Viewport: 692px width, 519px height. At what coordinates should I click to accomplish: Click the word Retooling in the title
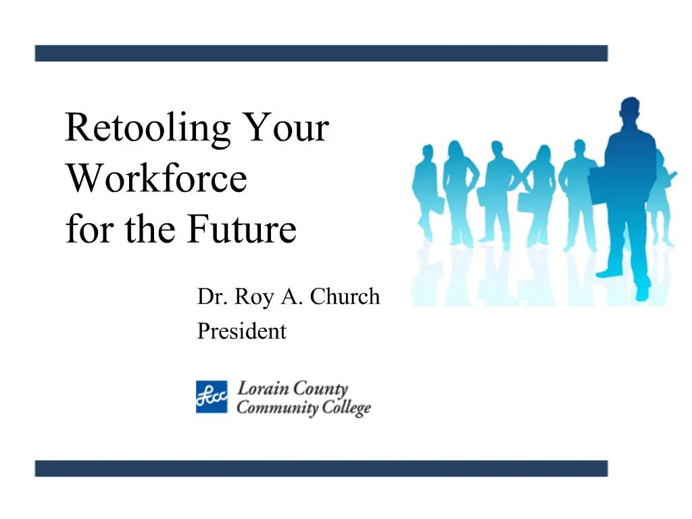(147, 129)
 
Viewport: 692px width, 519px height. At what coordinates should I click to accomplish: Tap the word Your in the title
(286, 128)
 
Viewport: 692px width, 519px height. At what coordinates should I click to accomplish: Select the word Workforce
(156, 178)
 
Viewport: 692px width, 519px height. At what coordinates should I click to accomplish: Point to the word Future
(241, 230)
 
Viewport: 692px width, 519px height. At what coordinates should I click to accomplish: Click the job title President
(241, 332)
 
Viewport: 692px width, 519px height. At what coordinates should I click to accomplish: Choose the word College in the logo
(345, 409)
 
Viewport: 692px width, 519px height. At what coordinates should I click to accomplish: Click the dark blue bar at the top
(321, 53)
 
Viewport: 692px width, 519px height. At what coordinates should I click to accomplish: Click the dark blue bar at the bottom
(321, 468)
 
